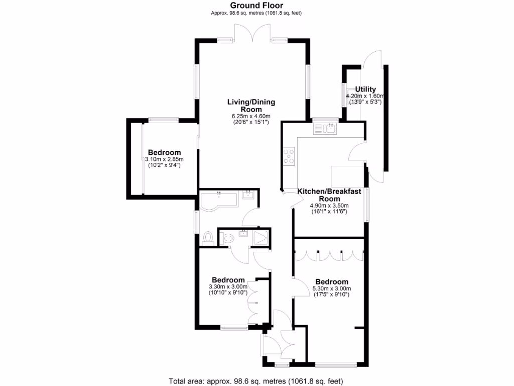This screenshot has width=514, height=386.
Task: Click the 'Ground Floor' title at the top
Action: pyautogui.click(x=256, y=6)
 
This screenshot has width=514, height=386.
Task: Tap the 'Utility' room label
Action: pyautogui.click(x=365, y=89)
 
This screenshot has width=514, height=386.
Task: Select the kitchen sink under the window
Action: pyautogui.click(x=326, y=129)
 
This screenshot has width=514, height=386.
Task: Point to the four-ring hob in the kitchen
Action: pyautogui.click(x=289, y=157)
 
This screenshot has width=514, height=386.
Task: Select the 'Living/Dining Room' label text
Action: pyautogui.click(x=251, y=106)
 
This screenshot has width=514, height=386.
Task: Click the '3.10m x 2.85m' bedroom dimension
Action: pyautogui.click(x=164, y=159)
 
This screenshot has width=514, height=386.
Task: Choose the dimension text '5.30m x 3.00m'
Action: pyautogui.click(x=332, y=288)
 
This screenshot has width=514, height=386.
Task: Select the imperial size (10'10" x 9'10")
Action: pyautogui.click(x=229, y=293)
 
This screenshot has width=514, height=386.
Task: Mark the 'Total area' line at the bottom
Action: pyautogui.click(x=256, y=380)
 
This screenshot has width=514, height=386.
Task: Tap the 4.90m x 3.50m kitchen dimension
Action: pyautogui.click(x=329, y=206)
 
